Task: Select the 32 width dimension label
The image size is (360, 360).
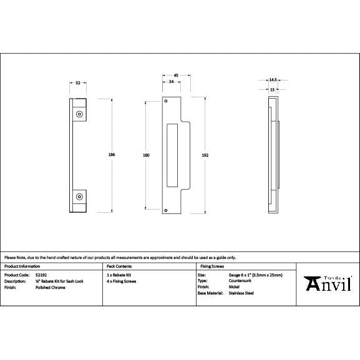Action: [77, 82]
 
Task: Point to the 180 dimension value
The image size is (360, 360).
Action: [146, 155]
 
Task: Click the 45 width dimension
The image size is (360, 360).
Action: [176, 75]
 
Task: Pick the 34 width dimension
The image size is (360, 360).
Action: [171, 82]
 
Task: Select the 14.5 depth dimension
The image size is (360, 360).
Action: [273, 80]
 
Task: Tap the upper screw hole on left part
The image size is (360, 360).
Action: [79, 115]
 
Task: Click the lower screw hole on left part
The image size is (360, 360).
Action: [79, 197]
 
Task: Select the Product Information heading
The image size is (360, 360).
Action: [22, 266]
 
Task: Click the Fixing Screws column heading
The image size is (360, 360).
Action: [211, 266]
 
